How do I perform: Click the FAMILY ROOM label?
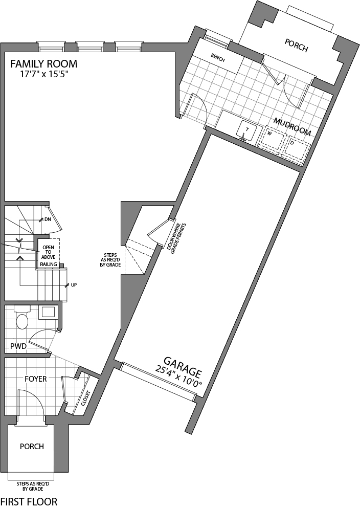[x=44, y=64]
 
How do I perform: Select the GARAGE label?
[x=183, y=366]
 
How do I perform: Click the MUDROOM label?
[x=292, y=126]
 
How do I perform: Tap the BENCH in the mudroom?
[x=218, y=58]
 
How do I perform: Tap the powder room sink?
[x=48, y=312]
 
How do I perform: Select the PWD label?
[x=18, y=346]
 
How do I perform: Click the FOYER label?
[x=36, y=379]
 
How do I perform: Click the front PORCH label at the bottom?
[x=32, y=446]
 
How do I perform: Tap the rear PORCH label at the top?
[x=297, y=49]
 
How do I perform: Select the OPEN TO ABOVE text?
[x=49, y=251]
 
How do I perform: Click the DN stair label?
[x=48, y=219]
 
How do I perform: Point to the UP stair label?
[x=74, y=284]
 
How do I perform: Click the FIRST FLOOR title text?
[x=29, y=501]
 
